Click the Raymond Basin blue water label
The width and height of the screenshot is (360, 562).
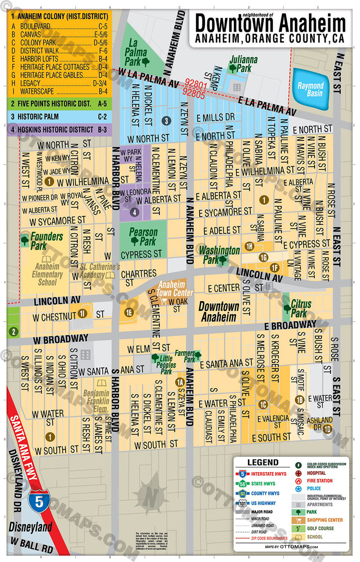pos(310,89)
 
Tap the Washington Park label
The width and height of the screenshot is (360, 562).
pos(218,254)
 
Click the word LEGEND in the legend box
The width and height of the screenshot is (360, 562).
pos(262,462)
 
